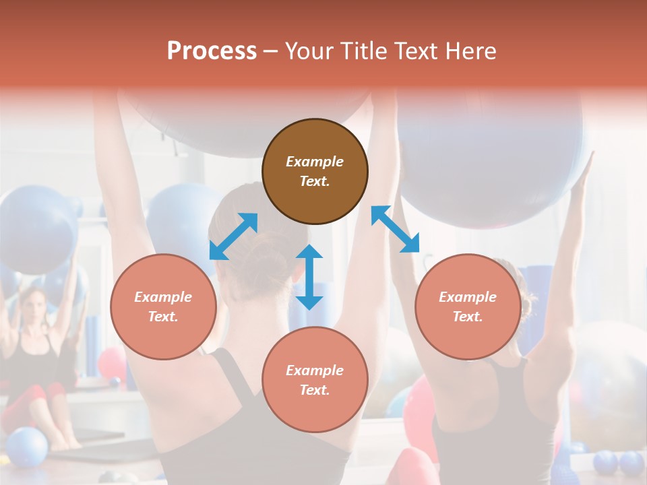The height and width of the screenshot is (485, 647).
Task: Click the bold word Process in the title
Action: (x=212, y=51)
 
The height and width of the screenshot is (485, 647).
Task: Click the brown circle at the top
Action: (x=315, y=171)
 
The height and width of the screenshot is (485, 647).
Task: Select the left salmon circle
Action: (x=163, y=306)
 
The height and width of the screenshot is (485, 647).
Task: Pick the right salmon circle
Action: (x=468, y=306)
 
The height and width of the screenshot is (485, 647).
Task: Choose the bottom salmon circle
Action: (x=315, y=380)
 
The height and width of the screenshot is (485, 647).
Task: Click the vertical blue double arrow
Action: (x=309, y=277)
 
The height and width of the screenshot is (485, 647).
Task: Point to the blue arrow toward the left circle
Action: (x=233, y=236)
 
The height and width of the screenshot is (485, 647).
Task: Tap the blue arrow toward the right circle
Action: (x=396, y=229)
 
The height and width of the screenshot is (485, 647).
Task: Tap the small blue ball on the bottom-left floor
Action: (x=27, y=447)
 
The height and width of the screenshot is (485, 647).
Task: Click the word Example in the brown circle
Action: (x=315, y=162)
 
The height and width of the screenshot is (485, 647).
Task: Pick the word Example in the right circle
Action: (x=468, y=297)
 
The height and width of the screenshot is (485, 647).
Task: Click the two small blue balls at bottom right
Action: (x=619, y=463)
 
